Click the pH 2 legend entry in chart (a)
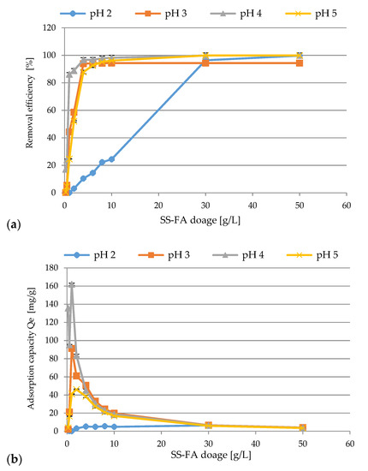tap(86, 14)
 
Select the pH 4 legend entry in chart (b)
tap(238, 255)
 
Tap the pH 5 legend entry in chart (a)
tap(311, 14)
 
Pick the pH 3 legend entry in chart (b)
tap(164, 255)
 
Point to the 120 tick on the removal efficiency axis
tap(50, 28)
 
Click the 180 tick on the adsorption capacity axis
tap(51, 268)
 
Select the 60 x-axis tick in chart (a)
tap(347, 206)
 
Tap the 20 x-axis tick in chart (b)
tap(161, 444)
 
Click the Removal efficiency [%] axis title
tap(29, 103)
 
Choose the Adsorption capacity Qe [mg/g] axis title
tap(31, 349)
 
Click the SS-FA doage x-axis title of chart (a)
tap(200, 220)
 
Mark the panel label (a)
tap(14, 225)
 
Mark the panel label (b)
tap(14, 460)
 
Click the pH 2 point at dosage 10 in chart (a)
tap(111, 159)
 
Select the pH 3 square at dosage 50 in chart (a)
tap(300, 63)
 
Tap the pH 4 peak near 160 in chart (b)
tap(71, 284)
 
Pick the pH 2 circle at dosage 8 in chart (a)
tap(102, 162)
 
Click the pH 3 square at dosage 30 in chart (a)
tap(205, 63)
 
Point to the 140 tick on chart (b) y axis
tap(51, 304)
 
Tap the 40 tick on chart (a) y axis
tap(51, 138)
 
